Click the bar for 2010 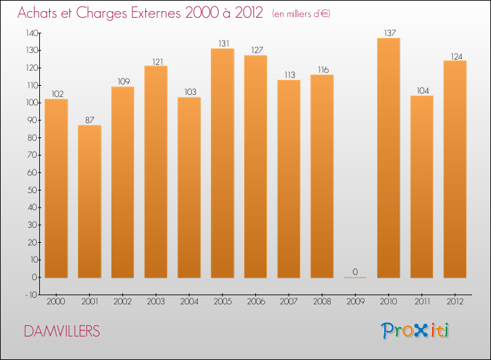(x=388, y=158)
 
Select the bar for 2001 (x=89, y=202)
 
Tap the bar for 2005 (x=223, y=163)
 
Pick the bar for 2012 (x=455, y=169)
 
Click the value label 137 (x=388, y=33)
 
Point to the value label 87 (x=89, y=120)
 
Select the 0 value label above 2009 (x=355, y=272)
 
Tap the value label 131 (x=223, y=43)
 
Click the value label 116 (x=322, y=69)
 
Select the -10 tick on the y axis (x=31, y=295)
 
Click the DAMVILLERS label (x=62, y=331)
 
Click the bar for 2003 (x=156, y=171)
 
